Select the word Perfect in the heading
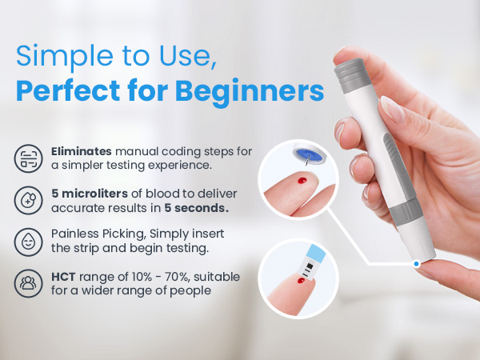coord(67,90)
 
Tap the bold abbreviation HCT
coord(63,276)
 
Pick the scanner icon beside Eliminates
coord(29,158)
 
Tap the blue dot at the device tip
coord(417,262)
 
